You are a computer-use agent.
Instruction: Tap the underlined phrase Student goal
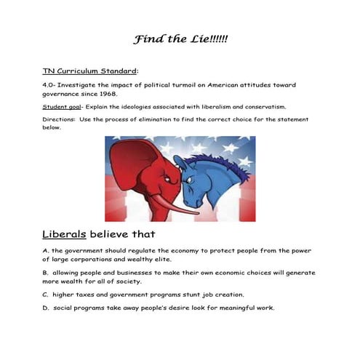[61, 106]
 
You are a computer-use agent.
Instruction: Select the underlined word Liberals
[65, 235]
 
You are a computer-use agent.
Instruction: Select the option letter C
[45, 295]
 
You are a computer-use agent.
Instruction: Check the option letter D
[45, 308]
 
